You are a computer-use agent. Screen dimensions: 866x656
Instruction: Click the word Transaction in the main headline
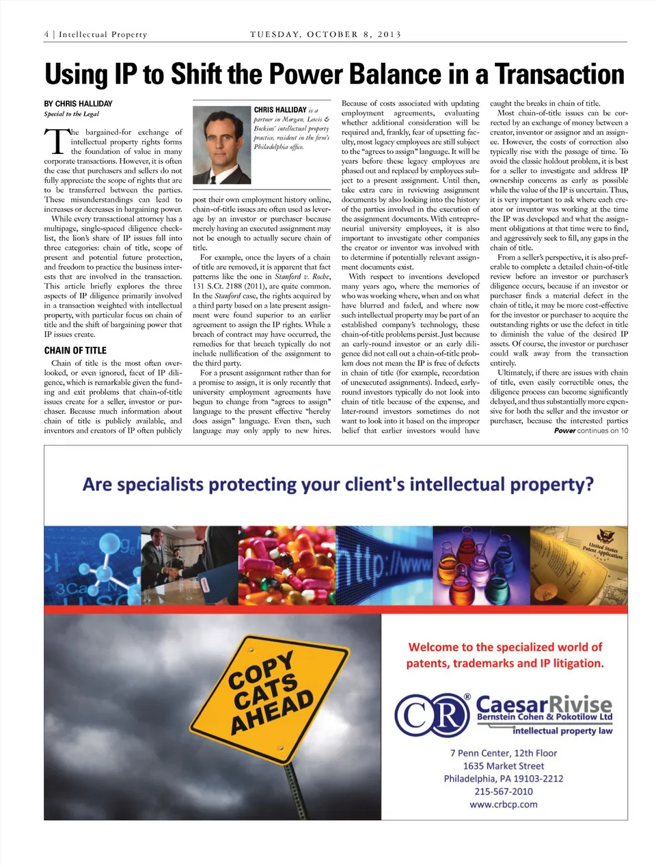coord(559,74)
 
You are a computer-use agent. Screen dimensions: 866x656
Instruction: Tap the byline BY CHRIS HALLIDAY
coord(79,104)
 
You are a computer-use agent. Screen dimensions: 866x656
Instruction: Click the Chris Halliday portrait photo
coord(221,145)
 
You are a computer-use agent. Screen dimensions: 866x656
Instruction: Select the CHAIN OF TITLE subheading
coord(75,350)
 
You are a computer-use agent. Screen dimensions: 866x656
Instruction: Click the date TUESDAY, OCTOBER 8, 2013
coord(325,34)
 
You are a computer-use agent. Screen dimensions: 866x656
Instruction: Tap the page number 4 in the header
coord(46,34)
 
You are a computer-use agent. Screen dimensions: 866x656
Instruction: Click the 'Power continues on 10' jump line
coord(590,431)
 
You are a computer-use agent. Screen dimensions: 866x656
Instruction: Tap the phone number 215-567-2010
coord(504,791)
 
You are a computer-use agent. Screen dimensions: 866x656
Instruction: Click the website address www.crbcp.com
coord(504,804)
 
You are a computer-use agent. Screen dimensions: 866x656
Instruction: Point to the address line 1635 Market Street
coord(504,766)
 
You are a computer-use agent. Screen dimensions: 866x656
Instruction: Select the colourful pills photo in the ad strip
coord(285,565)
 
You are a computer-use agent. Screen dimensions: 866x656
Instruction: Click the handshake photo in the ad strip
coord(189,565)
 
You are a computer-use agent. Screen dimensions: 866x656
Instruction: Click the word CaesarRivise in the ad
coord(543,703)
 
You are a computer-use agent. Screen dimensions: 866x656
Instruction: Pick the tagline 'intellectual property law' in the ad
coord(562,731)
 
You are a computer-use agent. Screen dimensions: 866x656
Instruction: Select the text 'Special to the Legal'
coord(72,114)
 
